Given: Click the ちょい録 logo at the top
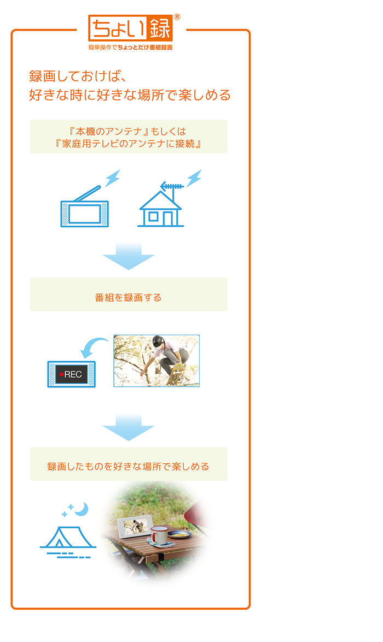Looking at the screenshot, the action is pos(130,28).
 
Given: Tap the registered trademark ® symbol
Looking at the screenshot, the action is pos(177,17).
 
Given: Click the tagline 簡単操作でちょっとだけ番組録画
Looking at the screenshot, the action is pos(130,48).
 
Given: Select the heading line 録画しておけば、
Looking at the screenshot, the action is pos(77,76).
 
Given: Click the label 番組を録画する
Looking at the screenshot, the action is pos(128,298).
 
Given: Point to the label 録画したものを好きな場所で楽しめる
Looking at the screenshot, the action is pos(128,467).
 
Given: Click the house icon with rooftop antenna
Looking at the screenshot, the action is pos(161,204).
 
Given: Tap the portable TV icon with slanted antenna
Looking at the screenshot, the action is pos(84,207).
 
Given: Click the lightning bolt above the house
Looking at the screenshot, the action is pos(194,178).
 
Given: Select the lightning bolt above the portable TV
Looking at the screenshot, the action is pos(112,178).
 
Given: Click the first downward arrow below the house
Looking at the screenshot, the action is pos(129,256).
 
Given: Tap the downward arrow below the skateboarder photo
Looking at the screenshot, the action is pos(129,427).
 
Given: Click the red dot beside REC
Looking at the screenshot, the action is pos(61,374).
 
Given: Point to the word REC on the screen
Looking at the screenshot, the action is pos(73,374).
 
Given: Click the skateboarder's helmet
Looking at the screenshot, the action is pos(158,341).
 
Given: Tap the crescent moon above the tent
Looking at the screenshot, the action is pos(82,509).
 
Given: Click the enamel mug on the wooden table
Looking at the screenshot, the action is pos(158,535).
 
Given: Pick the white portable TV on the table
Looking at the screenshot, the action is pos(135,527).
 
